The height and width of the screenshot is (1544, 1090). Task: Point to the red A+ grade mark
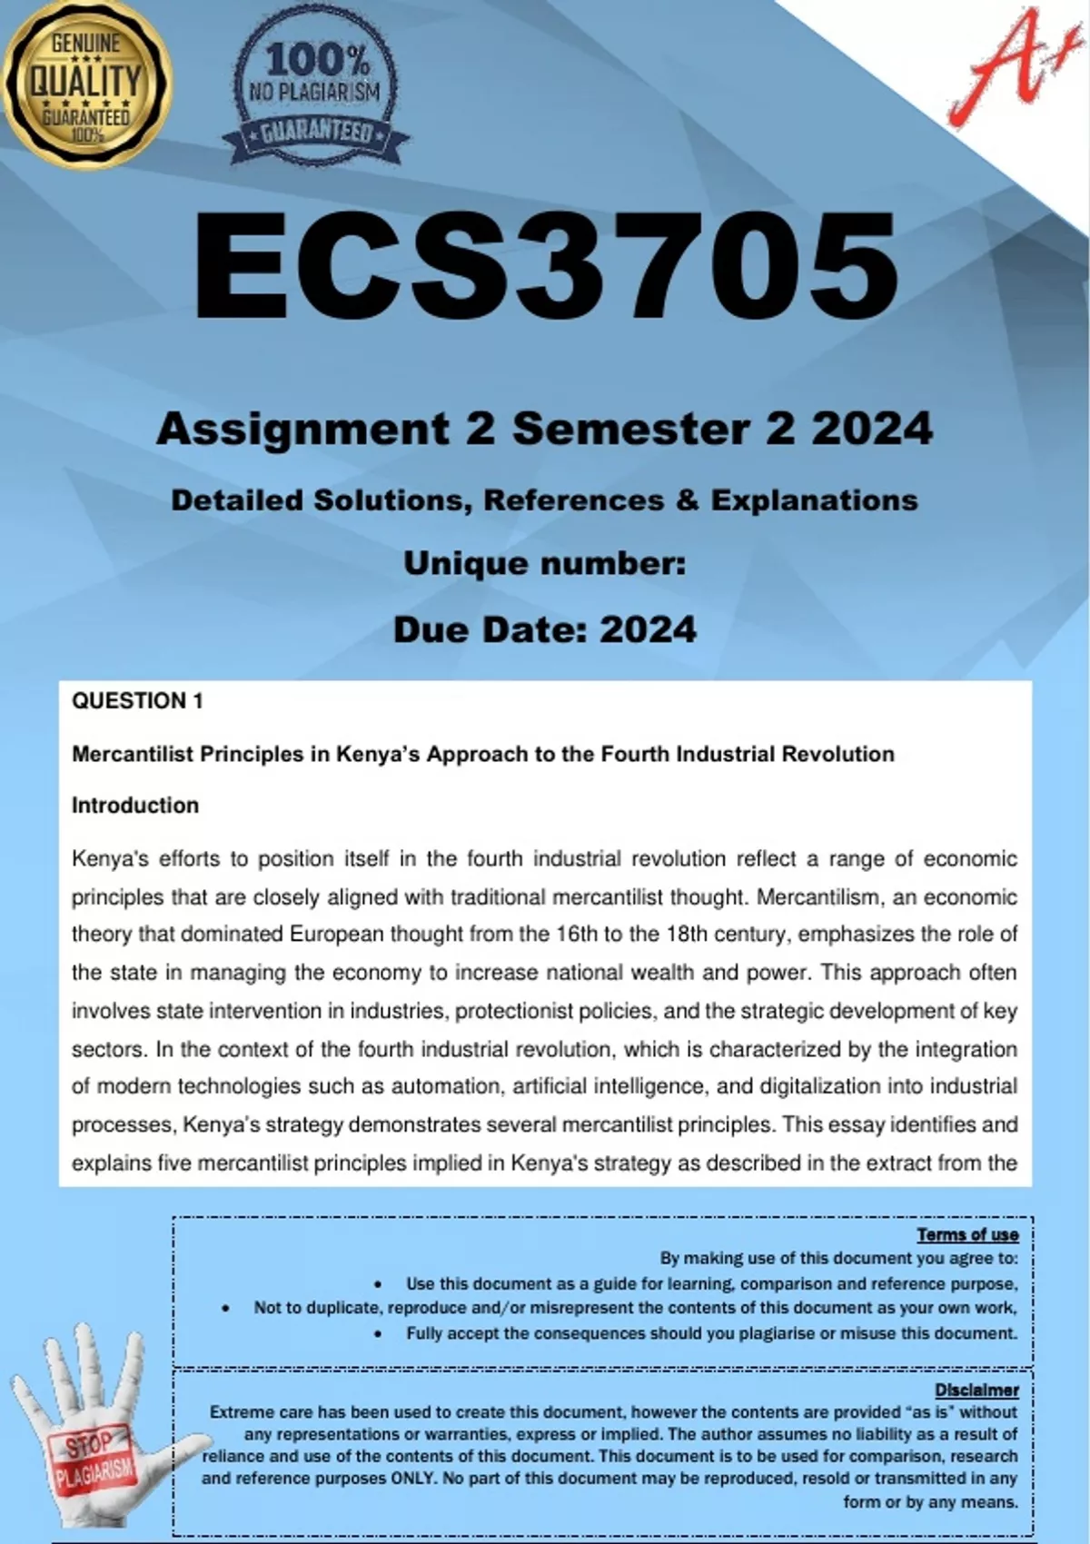tap(1004, 68)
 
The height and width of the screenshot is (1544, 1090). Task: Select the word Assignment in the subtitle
tap(303, 429)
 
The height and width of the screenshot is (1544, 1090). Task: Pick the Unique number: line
tap(545, 564)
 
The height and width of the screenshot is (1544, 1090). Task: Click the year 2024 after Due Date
tap(649, 629)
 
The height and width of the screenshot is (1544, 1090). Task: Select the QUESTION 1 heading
tap(137, 701)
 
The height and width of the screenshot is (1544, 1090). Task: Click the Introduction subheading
tap(135, 806)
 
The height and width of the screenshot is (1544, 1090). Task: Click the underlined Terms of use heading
tap(967, 1234)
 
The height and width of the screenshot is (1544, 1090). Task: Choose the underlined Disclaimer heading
tap(976, 1390)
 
